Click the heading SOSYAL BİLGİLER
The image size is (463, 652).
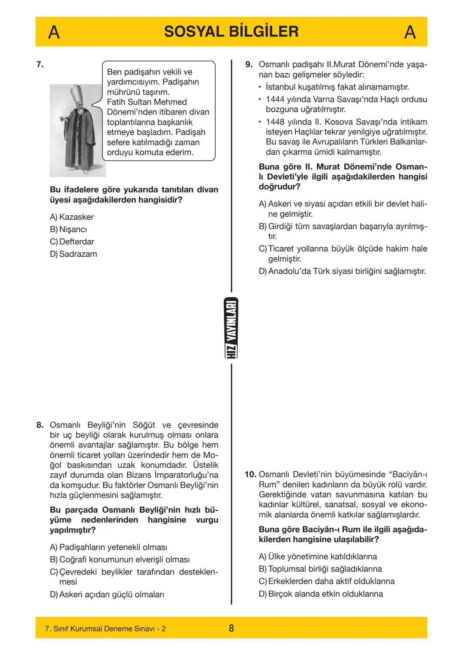coord(231,32)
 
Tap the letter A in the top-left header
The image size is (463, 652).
coord(54,32)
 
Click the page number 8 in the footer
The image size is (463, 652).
coord(231,628)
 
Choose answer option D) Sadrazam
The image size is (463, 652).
coord(73,254)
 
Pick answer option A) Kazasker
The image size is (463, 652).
coord(72,217)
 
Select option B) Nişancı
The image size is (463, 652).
coord(68,230)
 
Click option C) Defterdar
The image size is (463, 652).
coord(72,242)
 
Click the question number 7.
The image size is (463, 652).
coord(40,65)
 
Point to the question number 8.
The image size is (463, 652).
coord(40,425)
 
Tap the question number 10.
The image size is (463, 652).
coord(250,474)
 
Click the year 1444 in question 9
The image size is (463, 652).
coord(275,99)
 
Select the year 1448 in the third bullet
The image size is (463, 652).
coord(275,122)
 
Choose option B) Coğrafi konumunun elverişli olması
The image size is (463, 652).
coord(120,560)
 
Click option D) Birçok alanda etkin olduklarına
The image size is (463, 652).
coord(321,594)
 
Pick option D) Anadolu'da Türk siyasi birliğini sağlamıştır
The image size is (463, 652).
coord(342,271)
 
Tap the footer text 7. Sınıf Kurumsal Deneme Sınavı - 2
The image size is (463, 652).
coord(105,629)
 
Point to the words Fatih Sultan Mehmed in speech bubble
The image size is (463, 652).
coord(147,102)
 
